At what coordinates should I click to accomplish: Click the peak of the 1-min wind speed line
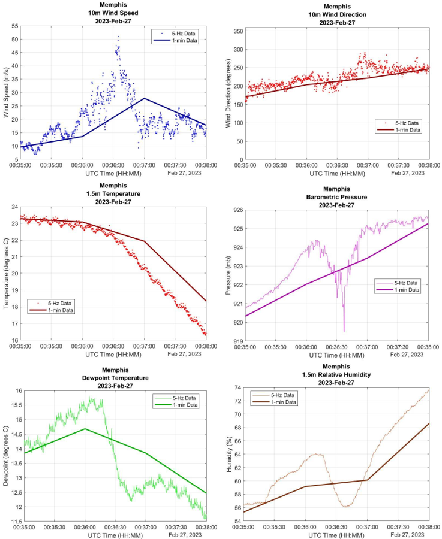[x=144, y=98]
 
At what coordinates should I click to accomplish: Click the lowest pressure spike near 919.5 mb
[x=344, y=331]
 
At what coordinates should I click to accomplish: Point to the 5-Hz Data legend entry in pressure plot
[x=402, y=283]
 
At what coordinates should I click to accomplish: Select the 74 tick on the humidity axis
[x=238, y=388]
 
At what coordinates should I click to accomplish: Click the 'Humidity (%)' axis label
[x=228, y=455]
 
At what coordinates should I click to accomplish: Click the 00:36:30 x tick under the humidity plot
[x=337, y=528]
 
